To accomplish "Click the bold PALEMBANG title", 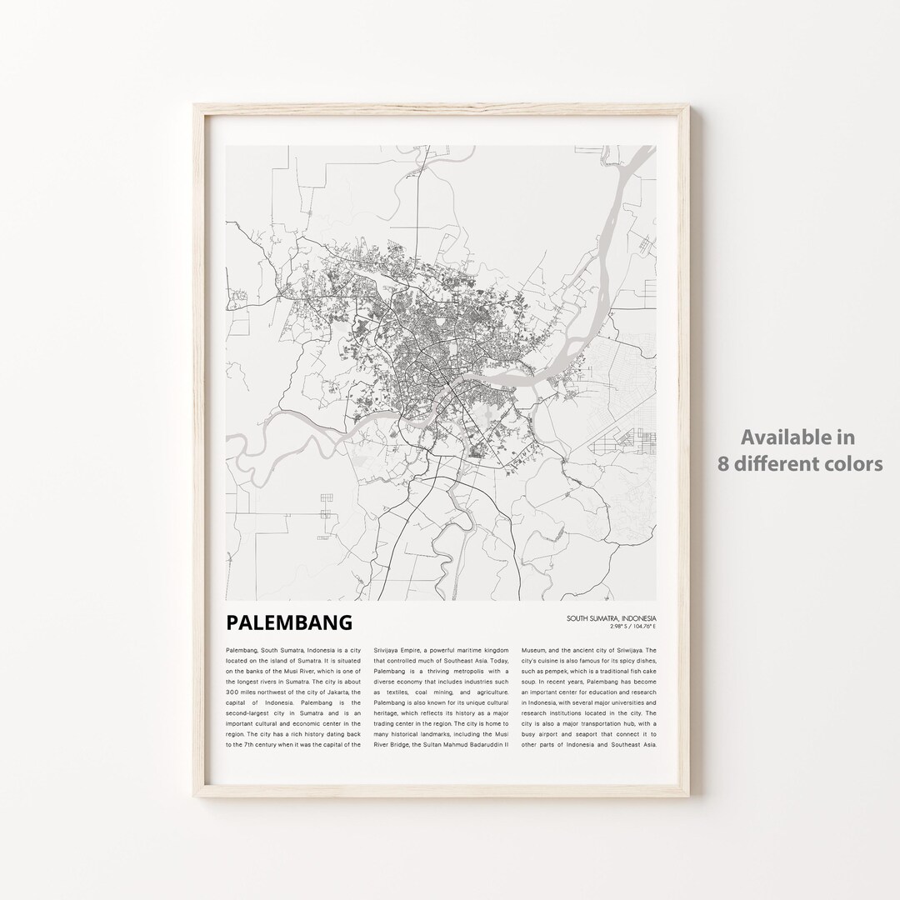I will tap(289, 622).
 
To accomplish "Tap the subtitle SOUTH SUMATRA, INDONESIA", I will tap(611, 618).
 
